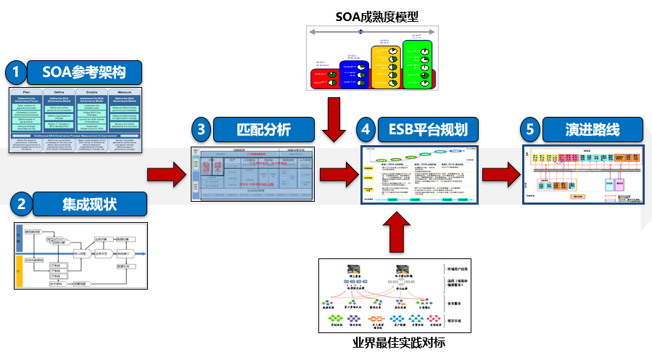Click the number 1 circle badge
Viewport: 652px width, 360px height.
[x=16, y=72]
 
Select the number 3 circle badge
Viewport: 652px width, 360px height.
[x=202, y=130]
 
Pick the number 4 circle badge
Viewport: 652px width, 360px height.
[x=367, y=130]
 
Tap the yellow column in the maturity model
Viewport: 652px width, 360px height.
[x=386, y=68]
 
